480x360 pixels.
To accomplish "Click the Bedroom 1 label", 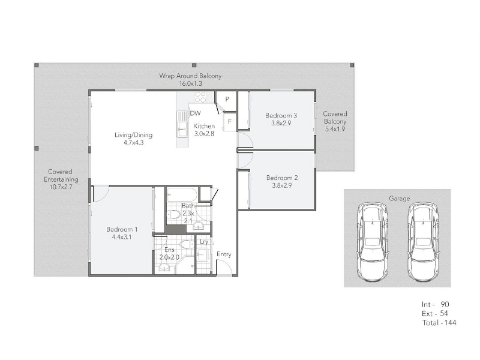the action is pyautogui.click(x=122, y=229).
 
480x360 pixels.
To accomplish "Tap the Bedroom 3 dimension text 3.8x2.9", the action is pyautogui.click(x=281, y=123).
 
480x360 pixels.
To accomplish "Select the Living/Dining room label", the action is pyautogui.click(x=133, y=134).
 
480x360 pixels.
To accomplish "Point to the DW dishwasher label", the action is pyautogui.click(x=196, y=113).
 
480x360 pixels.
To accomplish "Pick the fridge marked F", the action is pyautogui.click(x=230, y=122).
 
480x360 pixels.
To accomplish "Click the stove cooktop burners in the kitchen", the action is pyautogui.click(x=200, y=97).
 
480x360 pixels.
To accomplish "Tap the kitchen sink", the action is pyautogui.click(x=182, y=128).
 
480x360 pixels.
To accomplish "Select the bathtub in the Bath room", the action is pyautogui.click(x=182, y=194).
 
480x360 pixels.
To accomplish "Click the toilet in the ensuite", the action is pyautogui.click(x=187, y=245).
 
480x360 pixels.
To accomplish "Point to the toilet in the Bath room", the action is pyautogui.click(x=174, y=214).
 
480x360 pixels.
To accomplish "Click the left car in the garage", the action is pyautogui.click(x=373, y=241).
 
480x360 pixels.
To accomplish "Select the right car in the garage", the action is pyautogui.click(x=423, y=241).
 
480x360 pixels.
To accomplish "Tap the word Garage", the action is pyautogui.click(x=399, y=199).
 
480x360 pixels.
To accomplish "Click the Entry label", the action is pyautogui.click(x=224, y=254).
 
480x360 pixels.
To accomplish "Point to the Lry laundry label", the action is pyautogui.click(x=204, y=242).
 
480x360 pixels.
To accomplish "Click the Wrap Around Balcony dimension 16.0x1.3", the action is pyautogui.click(x=190, y=83).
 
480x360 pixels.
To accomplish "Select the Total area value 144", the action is pyautogui.click(x=451, y=323).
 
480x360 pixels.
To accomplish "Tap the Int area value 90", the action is pyautogui.click(x=445, y=304).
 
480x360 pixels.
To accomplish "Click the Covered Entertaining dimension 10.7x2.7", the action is pyautogui.click(x=61, y=187).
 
